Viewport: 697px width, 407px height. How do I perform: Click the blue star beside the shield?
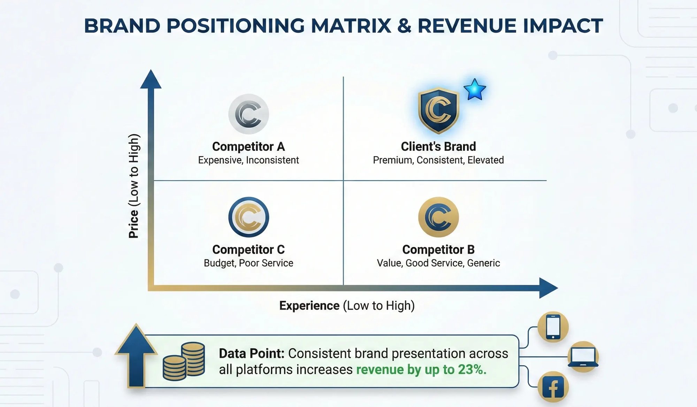[475, 90]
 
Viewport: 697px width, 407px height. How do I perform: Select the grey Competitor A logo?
[248, 114]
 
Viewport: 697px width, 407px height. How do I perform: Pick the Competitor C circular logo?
[248, 217]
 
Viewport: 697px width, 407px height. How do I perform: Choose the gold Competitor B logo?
[438, 217]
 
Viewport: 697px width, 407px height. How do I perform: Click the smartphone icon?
[553, 327]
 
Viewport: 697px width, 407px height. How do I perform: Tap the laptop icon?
[583, 357]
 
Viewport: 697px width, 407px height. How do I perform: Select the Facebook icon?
[553, 387]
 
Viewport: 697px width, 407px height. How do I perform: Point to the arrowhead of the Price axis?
[151, 79]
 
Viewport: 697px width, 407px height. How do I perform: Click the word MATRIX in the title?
[351, 26]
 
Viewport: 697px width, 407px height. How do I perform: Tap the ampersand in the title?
[404, 26]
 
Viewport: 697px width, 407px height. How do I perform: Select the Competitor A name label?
[248, 147]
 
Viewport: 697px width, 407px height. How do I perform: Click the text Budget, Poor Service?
[248, 263]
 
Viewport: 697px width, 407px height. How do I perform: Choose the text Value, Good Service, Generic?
[438, 263]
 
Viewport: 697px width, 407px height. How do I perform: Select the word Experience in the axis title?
[309, 306]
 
